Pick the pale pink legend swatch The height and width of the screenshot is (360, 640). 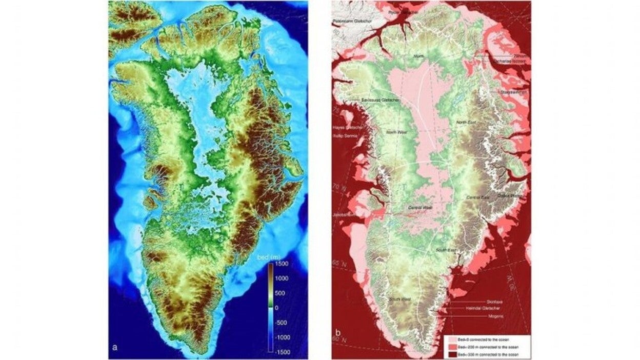pyautogui.click(x=447, y=339)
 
